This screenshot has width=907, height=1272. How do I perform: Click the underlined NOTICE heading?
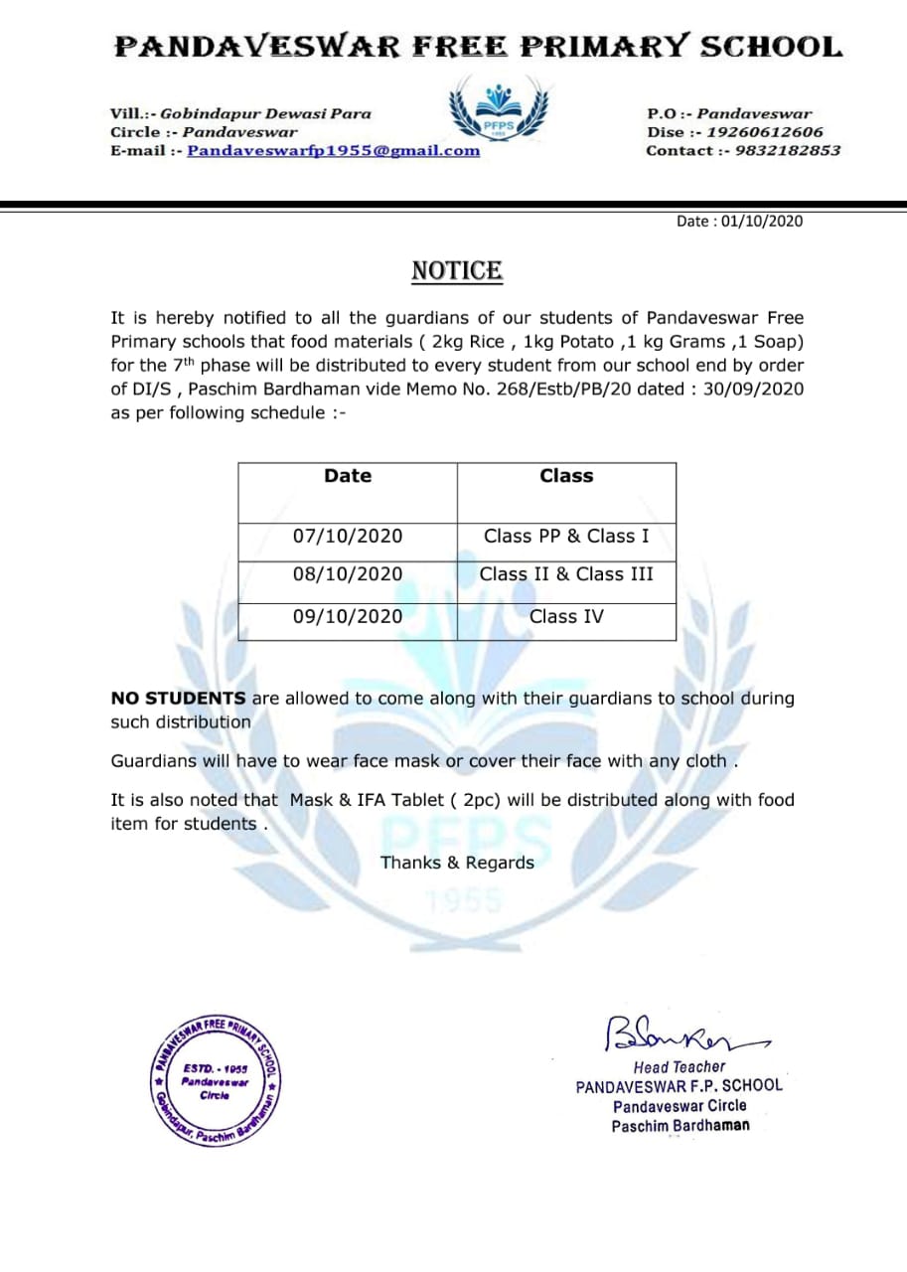point(457,271)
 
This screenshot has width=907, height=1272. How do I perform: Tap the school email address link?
point(333,151)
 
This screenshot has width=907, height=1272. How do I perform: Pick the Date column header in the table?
point(348,477)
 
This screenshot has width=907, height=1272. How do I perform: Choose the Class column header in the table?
point(566,477)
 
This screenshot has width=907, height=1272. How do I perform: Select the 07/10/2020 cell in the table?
point(348,537)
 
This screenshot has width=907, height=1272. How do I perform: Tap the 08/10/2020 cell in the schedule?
point(348,574)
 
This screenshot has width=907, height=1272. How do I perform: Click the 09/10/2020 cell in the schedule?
point(348,617)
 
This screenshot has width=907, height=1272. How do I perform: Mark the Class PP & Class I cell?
point(566,537)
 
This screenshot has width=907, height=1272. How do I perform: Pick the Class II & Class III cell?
point(566,574)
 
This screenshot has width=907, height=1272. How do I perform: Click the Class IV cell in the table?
point(566,617)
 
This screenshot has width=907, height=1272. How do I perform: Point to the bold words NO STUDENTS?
point(178,699)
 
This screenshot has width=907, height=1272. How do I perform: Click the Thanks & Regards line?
point(457,863)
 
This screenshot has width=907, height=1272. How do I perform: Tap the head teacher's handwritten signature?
point(676,1033)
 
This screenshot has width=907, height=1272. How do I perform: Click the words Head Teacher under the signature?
point(680,1066)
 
